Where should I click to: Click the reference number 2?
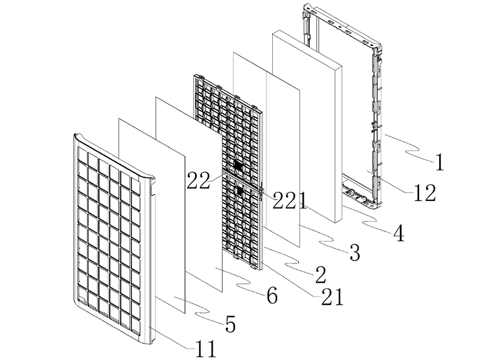click(321, 274)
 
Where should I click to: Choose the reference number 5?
click(230, 324)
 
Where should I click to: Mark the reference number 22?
click(198, 180)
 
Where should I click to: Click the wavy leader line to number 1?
click(407, 146)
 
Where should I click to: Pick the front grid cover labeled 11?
click(112, 231)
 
